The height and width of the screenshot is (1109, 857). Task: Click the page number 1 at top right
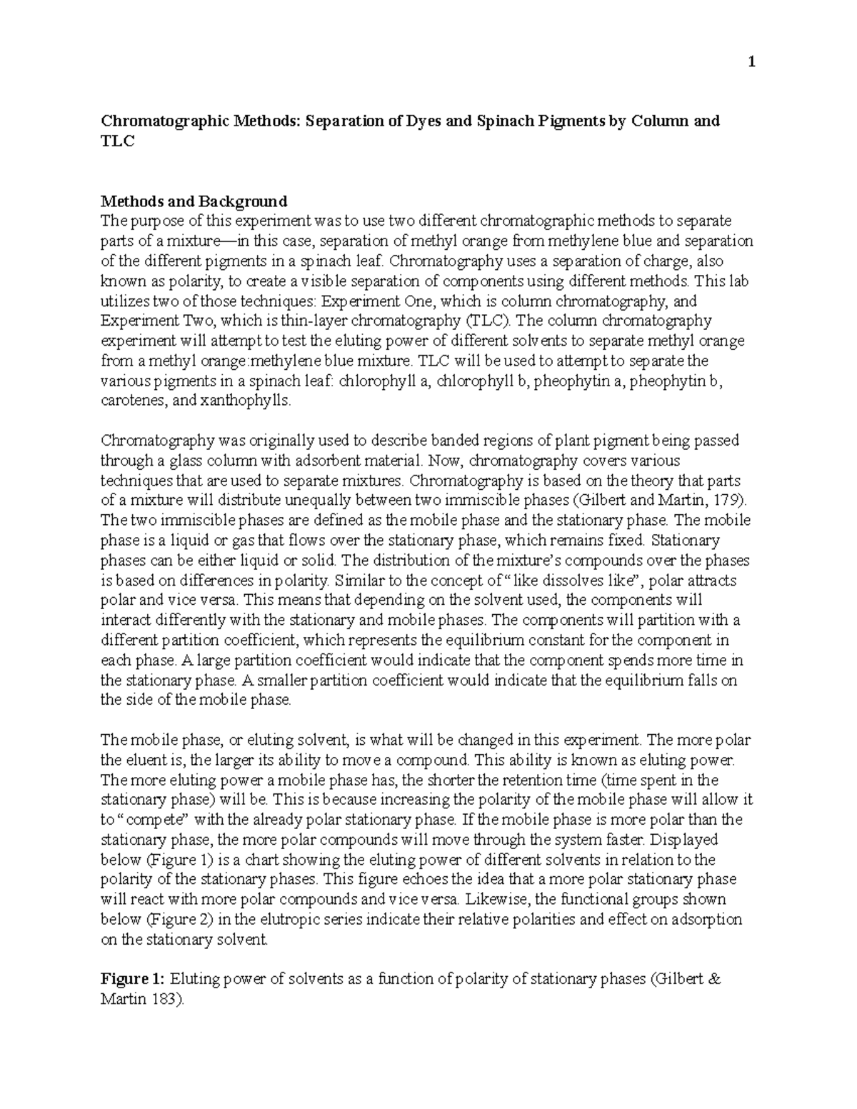[x=751, y=63]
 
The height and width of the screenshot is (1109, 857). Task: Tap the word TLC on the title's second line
[x=118, y=141]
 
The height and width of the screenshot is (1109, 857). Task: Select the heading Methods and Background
[x=194, y=201]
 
